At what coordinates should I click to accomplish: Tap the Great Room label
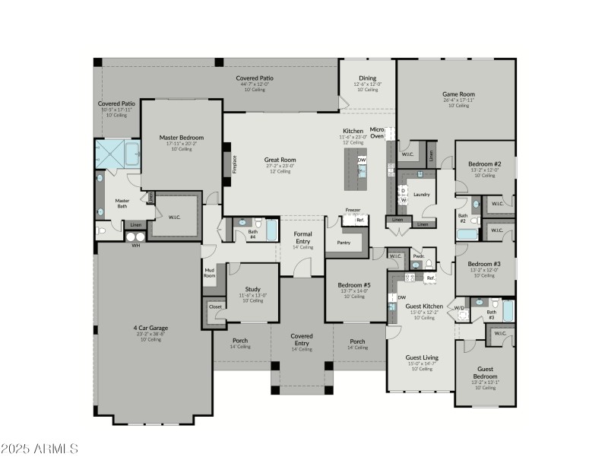(x=280, y=160)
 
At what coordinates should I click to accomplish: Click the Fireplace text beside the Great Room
(x=234, y=164)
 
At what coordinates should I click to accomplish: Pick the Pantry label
(x=344, y=243)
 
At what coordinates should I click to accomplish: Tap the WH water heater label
(x=136, y=246)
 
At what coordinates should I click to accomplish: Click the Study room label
(x=252, y=289)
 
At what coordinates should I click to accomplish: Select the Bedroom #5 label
(x=353, y=286)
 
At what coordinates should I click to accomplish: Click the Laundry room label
(x=421, y=194)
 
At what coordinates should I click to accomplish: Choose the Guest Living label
(x=421, y=357)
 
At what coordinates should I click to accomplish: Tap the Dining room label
(x=368, y=78)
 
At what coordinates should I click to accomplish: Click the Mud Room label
(x=209, y=272)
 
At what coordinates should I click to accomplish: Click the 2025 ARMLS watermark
(x=40, y=449)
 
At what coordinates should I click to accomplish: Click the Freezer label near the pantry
(x=353, y=210)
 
